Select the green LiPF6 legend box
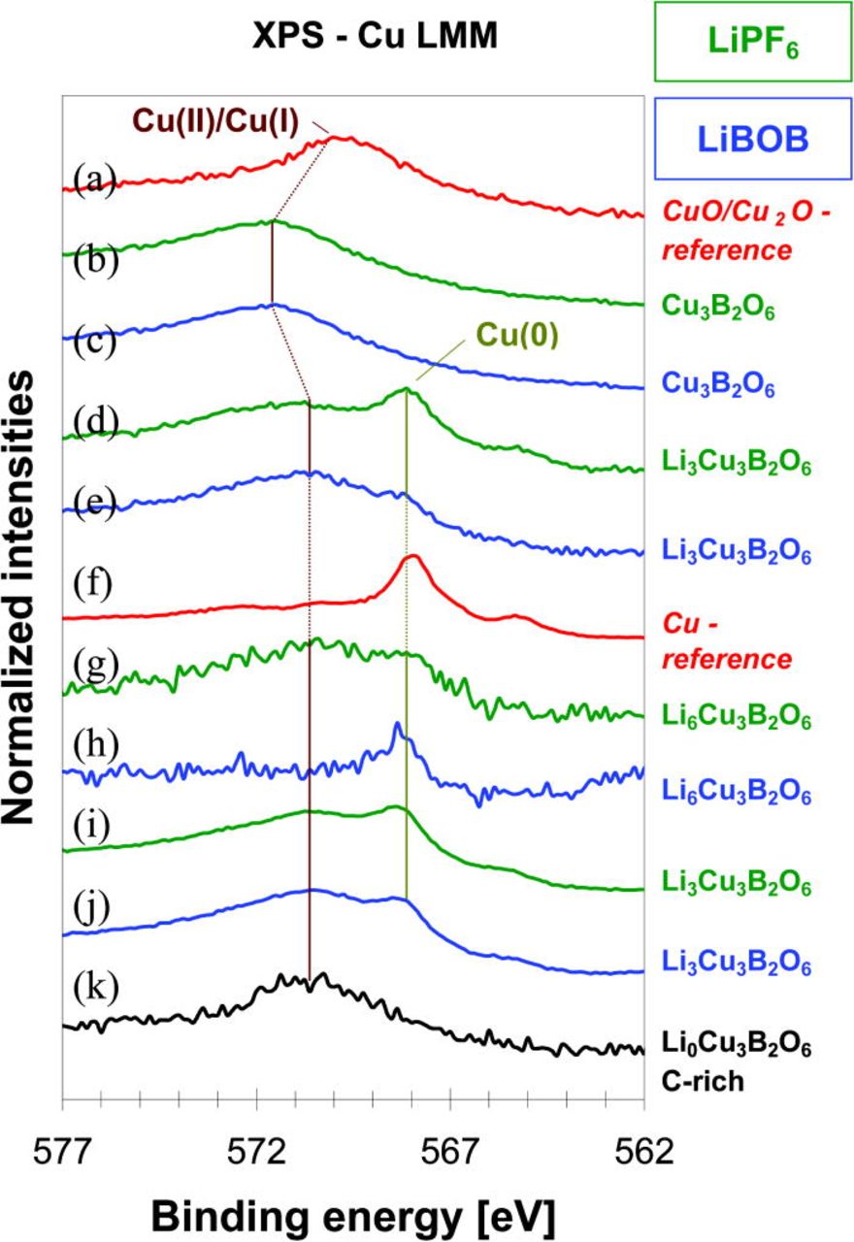point(745,44)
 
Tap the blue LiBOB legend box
point(745,138)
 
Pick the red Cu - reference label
point(727,640)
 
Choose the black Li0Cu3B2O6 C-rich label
point(736,1061)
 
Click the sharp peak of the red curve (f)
point(412,557)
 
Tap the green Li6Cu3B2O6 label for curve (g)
point(736,719)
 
